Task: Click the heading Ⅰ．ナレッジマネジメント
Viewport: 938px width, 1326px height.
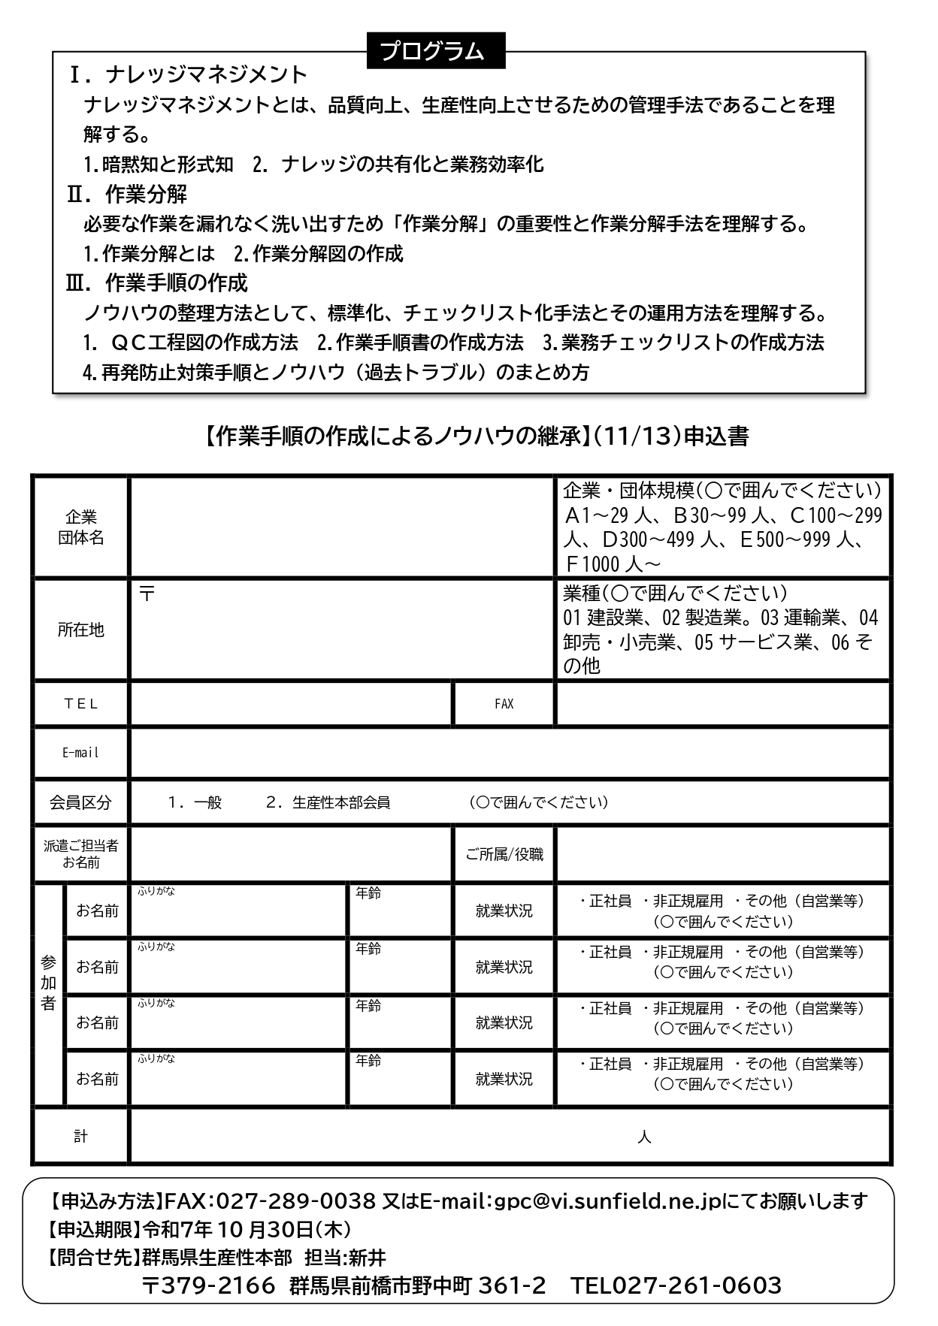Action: pyautogui.click(x=188, y=74)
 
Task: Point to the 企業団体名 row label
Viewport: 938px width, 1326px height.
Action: pyautogui.click(x=80, y=527)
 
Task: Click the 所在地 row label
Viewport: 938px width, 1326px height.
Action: pyautogui.click(x=80, y=630)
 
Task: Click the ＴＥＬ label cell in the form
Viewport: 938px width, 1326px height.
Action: pyautogui.click(x=80, y=704)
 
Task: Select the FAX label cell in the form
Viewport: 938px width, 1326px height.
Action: pyautogui.click(x=504, y=704)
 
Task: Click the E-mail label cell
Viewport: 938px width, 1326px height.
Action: pyautogui.click(x=80, y=753)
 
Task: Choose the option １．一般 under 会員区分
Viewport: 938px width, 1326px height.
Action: pyautogui.click(x=195, y=802)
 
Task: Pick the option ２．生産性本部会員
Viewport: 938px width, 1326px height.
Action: pyautogui.click(x=328, y=802)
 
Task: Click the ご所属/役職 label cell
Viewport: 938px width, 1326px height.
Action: pyautogui.click(x=504, y=854)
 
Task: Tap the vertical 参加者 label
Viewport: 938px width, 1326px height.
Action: pyautogui.click(x=49, y=983)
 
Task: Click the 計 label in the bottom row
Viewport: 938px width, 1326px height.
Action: pyautogui.click(x=80, y=1137)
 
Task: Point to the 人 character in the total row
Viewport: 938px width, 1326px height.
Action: pyautogui.click(x=644, y=1137)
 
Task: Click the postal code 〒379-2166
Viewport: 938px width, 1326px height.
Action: pyautogui.click(x=209, y=1285)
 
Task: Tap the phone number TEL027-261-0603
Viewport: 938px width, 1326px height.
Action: pyautogui.click(x=676, y=1285)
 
